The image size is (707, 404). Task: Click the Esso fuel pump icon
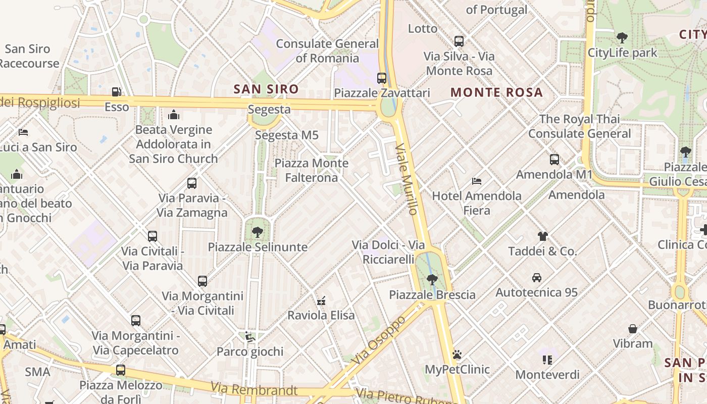pyautogui.click(x=117, y=92)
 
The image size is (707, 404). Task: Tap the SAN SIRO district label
pyautogui.click(x=266, y=89)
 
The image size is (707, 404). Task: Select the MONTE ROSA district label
pyautogui.click(x=496, y=92)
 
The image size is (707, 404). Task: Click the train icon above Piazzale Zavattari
pyautogui.click(x=382, y=78)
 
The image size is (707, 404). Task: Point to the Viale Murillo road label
pyautogui.click(x=407, y=179)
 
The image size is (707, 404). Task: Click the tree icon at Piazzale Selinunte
pyautogui.click(x=258, y=232)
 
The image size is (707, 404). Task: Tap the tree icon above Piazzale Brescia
pyautogui.click(x=432, y=279)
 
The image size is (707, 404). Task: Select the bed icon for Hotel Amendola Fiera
pyautogui.click(x=476, y=181)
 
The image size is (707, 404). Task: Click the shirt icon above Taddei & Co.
pyautogui.click(x=542, y=236)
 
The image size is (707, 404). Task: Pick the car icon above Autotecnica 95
pyautogui.click(x=536, y=277)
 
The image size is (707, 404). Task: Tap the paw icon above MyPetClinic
pyautogui.click(x=457, y=355)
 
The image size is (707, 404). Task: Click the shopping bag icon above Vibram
pyautogui.click(x=632, y=329)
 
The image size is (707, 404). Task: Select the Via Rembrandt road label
pyautogui.click(x=254, y=389)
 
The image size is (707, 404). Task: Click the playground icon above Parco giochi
pyautogui.click(x=249, y=336)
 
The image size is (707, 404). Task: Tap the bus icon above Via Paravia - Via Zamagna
pyautogui.click(x=192, y=183)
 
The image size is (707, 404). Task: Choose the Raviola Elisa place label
pyautogui.click(x=321, y=315)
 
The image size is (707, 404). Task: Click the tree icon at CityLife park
pyautogui.click(x=622, y=37)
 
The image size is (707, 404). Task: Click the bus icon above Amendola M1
pyautogui.click(x=554, y=160)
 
